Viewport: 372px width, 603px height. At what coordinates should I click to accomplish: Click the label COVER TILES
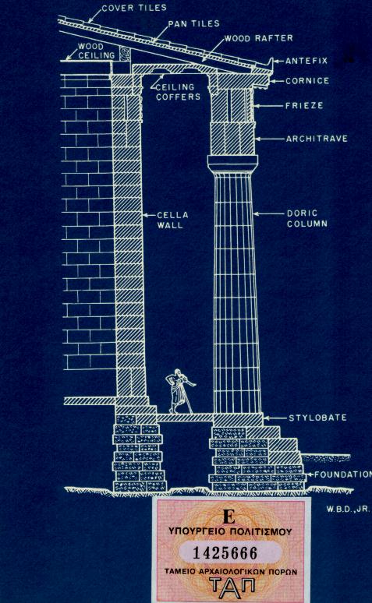tap(134, 8)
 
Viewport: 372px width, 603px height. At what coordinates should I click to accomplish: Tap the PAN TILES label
tap(193, 23)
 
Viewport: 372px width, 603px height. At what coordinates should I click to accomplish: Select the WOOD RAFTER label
tap(259, 38)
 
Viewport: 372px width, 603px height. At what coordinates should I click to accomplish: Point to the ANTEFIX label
tap(306, 61)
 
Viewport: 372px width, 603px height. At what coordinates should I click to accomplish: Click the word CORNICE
tap(307, 81)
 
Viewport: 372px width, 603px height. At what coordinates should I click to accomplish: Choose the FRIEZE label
tap(304, 105)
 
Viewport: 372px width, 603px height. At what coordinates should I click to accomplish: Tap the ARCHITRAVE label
tap(317, 139)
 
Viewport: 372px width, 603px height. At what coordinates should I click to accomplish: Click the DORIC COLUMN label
tap(307, 218)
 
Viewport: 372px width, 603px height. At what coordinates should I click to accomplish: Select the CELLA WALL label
tap(172, 220)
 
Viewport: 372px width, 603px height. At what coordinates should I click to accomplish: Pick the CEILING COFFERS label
tap(179, 92)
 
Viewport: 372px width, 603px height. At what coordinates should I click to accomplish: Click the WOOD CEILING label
tap(96, 51)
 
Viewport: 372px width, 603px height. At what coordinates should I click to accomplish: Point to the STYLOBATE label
tap(317, 418)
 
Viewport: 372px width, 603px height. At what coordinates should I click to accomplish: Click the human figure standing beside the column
tap(179, 391)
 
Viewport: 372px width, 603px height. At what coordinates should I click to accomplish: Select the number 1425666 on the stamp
tap(225, 553)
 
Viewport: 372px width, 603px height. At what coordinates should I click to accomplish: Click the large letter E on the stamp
tap(229, 517)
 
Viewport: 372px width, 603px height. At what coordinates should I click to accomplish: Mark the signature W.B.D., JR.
tap(348, 509)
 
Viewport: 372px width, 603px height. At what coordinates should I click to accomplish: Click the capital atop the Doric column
tap(232, 164)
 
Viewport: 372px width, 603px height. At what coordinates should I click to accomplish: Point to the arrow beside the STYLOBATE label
tap(275, 418)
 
